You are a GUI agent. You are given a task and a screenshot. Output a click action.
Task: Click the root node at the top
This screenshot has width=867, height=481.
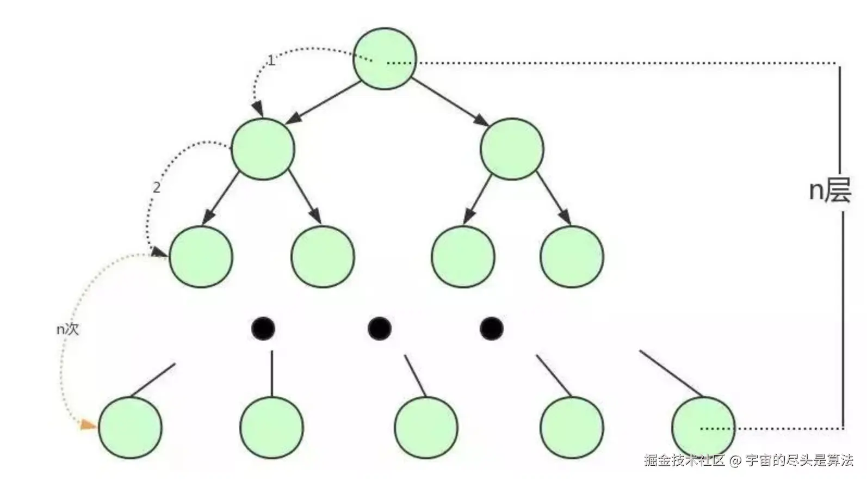[385, 59]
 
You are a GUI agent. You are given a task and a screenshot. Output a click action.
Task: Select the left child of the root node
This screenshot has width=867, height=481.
[263, 149]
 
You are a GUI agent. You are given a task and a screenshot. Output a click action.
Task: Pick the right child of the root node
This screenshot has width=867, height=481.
[512, 149]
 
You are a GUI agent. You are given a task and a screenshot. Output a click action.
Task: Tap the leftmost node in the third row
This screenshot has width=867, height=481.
[201, 256]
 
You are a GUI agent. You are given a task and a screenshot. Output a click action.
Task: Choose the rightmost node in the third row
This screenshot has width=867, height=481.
[572, 256]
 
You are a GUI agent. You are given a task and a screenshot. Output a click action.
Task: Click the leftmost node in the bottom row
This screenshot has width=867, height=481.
[129, 428]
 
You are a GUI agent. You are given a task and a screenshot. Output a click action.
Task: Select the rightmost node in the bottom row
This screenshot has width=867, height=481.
[703, 428]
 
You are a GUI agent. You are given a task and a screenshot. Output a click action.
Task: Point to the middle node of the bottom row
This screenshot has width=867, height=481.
[426, 428]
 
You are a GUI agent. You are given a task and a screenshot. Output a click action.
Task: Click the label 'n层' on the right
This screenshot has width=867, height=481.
[829, 190]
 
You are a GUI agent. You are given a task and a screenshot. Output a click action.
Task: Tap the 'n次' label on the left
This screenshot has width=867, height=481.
[68, 329]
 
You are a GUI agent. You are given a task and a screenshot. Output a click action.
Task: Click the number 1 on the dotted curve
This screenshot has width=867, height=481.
[271, 60]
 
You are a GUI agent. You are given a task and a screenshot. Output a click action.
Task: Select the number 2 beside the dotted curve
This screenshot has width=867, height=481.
[157, 188]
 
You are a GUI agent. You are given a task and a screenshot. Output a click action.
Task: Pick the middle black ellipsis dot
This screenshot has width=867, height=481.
[379, 328]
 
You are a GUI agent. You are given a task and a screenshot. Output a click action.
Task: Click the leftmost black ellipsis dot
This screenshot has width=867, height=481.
[263, 328]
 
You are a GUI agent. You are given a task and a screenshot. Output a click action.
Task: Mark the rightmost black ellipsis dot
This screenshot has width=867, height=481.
[491, 328]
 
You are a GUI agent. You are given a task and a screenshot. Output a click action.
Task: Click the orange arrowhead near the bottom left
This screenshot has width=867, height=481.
[88, 424]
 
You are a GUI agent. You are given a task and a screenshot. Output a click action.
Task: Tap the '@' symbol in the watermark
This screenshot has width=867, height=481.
[735, 461]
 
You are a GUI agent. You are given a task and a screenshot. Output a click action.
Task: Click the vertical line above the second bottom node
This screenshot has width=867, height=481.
[272, 373]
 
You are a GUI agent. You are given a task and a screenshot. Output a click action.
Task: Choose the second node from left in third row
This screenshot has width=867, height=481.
[323, 256]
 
